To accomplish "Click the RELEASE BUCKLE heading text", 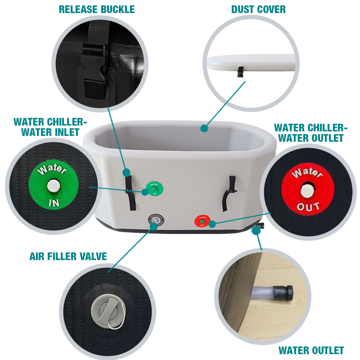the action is (x=97, y=9).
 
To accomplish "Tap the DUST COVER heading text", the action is (x=258, y=9).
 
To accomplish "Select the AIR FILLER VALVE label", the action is (x=68, y=256).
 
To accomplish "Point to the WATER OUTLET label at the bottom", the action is (x=311, y=351).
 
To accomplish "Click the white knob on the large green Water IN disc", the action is (x=54, y=186).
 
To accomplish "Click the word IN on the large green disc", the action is (x=54, y=203).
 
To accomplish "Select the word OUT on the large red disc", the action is (x=308, y=207).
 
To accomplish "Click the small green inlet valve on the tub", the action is (x=154, y=189).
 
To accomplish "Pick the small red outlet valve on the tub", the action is (x=202, y=221).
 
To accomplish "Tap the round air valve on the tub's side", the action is (x=156, y=220).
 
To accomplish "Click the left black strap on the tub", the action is (x=130, y=193).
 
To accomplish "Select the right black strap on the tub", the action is (x=229, y=193).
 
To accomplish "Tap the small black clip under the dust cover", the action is (x=240, y=72).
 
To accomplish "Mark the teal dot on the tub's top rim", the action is (x=204, y=128).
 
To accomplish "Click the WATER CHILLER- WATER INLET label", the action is (x=50, y=127).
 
